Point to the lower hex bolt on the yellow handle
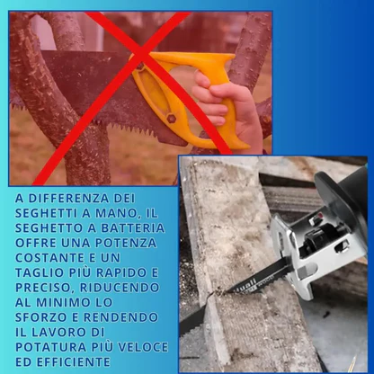click(x=171, y=119)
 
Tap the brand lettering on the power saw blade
click(x=245, y=283)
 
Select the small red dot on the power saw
click(x=319, y=215)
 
